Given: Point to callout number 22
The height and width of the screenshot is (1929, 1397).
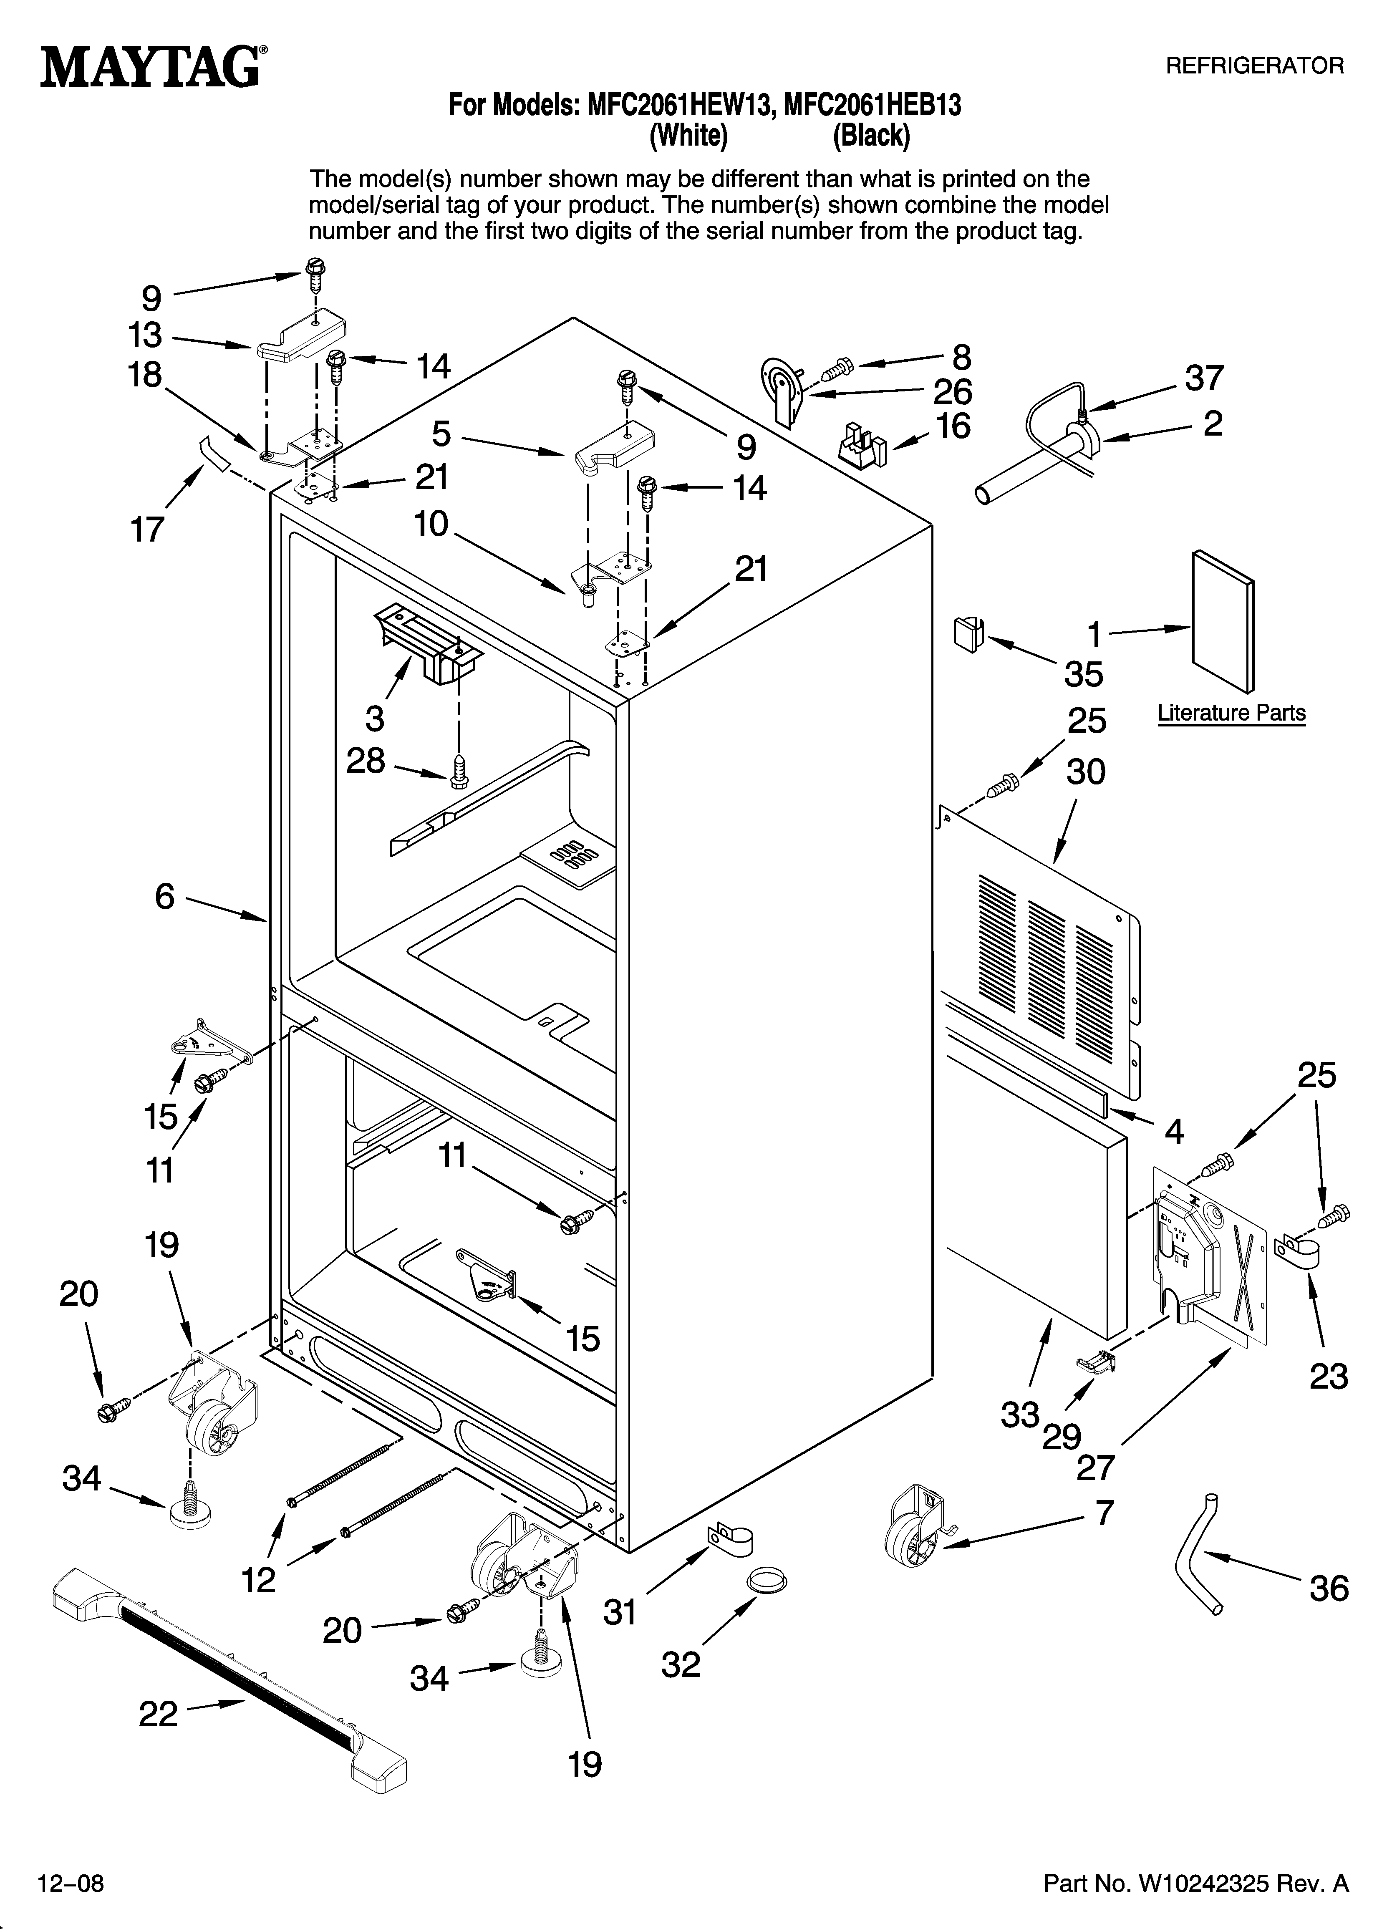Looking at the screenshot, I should (158, 1714).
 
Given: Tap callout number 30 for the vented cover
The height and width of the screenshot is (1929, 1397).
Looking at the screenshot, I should (1086, 772).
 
